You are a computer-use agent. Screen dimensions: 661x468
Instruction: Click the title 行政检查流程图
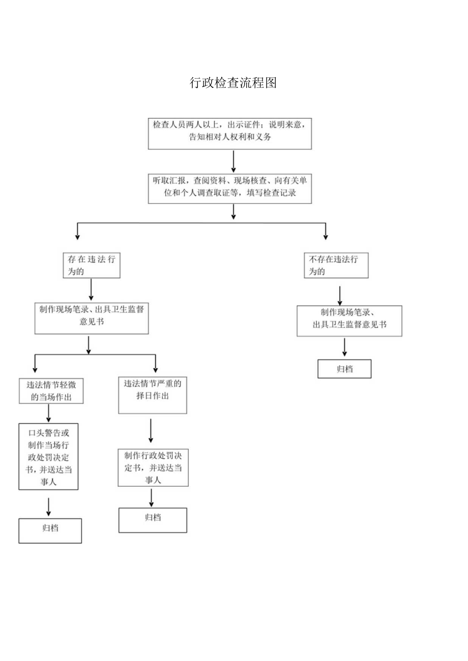[233, 83]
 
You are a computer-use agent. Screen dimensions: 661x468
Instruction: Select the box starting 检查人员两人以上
[230, 133]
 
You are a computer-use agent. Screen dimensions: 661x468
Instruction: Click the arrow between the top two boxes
[233, 161]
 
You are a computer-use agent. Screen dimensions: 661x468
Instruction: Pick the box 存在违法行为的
[91, 265]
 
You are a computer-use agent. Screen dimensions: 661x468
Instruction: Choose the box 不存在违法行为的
[336, 265]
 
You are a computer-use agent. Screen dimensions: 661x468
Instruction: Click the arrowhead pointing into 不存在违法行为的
[326, 236]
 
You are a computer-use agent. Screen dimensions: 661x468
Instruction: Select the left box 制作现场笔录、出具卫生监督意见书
[92, 319]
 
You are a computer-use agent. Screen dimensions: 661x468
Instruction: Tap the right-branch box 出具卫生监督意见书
[349, 321]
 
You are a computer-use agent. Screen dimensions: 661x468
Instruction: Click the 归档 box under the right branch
[344, 369]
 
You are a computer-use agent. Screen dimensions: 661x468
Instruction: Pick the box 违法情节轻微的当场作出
[51, 391]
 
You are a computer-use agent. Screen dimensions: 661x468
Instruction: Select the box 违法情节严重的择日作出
[153, 395]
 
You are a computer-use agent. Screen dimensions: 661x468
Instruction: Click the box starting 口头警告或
[48, 456]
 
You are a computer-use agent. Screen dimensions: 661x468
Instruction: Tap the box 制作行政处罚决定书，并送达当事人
[153, 467]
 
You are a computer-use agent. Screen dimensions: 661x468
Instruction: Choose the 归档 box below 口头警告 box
[50, 530]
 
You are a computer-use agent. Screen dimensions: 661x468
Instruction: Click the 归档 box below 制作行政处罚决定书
[153, 520]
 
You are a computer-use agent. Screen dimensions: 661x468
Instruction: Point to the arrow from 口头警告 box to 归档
[48, 507]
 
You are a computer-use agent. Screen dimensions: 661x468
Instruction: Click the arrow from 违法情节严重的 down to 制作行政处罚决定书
[151, 431]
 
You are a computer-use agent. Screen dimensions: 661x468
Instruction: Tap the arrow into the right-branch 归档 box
[344, 348]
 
